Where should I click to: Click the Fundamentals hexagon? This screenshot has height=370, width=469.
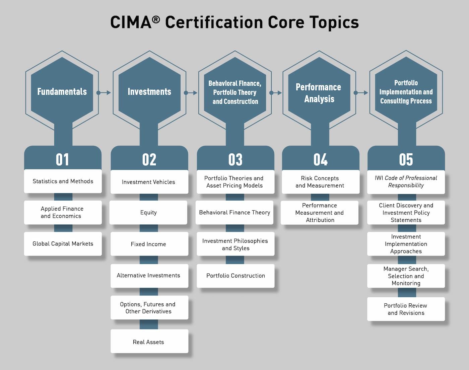pos(62,91)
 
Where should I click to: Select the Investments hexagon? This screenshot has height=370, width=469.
pos(149,91)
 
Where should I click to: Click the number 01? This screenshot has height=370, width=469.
pos(62,159)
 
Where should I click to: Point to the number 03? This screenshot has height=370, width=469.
pos(235,159)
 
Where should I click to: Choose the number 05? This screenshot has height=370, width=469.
pos(406,159)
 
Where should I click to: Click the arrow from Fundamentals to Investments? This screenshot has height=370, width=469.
pos(104,93)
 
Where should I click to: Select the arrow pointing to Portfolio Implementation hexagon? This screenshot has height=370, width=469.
pos(361,93)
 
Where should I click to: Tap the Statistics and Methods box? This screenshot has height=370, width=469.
pos(63,181)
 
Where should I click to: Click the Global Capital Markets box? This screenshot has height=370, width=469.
pos(63,244)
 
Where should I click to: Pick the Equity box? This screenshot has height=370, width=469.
pos(148,212)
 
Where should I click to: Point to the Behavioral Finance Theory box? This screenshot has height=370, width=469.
pos(234,212)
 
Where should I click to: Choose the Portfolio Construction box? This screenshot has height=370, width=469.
pos(236,276)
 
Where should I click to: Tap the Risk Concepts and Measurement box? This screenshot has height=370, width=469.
pos(320,182)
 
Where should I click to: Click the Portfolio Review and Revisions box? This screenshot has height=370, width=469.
pos(406,309)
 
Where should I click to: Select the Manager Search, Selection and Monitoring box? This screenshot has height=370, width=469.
pos(406,276)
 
